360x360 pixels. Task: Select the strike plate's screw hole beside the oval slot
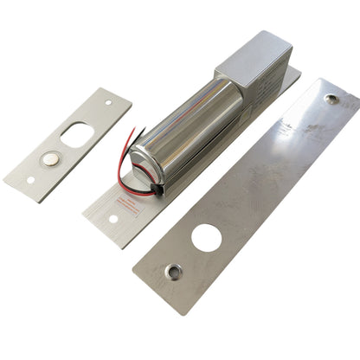point(109,102)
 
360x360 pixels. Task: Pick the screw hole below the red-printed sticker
point(111,217)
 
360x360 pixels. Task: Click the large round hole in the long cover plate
point(206,238)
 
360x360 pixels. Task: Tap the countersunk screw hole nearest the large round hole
point(175,272)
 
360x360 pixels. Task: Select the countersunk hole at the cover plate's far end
point(331,98)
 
